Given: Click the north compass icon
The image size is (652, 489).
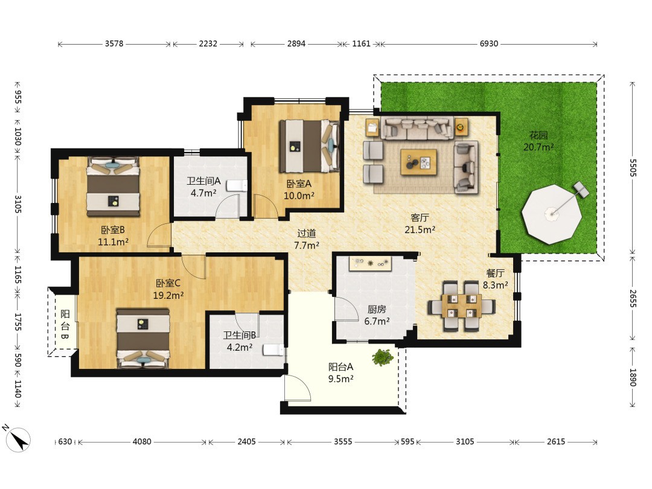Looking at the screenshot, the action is pyautogui.click(x=18, y=439).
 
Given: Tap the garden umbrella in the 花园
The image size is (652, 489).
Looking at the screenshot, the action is pyautogui.click(x=552, y=214).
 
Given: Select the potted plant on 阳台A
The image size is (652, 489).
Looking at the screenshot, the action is pyautogui.click(x=383, y=357).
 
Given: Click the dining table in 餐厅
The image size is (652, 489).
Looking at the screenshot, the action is pyautogui.click(x=462, y=306).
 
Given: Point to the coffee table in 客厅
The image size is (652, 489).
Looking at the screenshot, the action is pyautogui.click(x=419, y=162).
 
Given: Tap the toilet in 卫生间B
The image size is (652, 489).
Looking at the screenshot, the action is pyautogui.click(x=273, y=350).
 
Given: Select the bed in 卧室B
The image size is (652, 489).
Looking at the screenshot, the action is pyautogui.click(x=113, y=187).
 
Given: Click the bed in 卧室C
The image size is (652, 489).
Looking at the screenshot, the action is pyautogui.click(x=143, y=338).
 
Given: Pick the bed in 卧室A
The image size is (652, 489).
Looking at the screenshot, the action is pyautogui.click(x=309, y=146).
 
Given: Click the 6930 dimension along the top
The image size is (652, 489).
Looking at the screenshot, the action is pyautogui.click(x=488, y=43).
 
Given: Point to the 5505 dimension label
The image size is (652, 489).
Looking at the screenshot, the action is pyautogui.click(x=633, y=168).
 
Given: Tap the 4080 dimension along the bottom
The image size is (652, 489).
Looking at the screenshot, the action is pyautogui.click(x=142, y=441).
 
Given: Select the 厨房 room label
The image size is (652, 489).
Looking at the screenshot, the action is pyautogui.click(x=377, y=309).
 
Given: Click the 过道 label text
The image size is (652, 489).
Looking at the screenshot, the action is pyautogui.click(x=307, y=234).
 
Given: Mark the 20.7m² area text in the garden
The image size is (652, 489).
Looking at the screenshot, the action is pyautogui.click(x=539, y=147).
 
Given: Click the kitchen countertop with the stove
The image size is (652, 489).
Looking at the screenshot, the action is pyautogui.click(x=371, y=264).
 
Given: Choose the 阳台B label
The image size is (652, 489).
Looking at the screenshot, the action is pyautogui.click(x=65, y=324).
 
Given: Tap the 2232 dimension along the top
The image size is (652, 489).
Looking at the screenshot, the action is pyautogui.click(x=208, y=43).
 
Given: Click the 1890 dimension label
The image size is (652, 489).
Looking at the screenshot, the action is pyautogui.click(x=633, y=377).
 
